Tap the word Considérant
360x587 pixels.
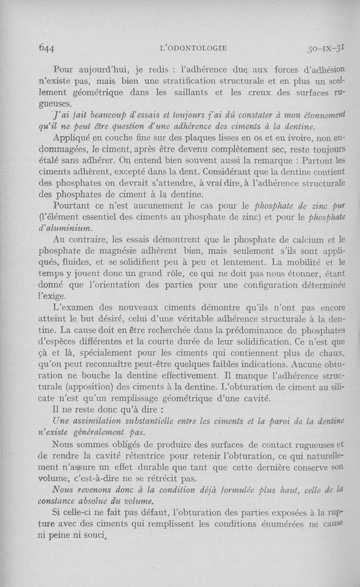coord(232,172)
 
